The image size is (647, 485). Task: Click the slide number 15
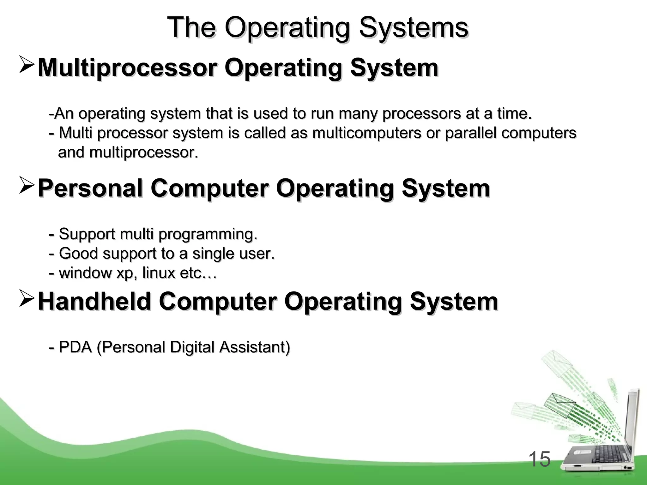point(539,459)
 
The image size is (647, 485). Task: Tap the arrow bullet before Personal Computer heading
point(27,185)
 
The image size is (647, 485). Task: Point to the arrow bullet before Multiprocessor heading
point(27,65)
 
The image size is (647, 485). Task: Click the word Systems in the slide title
point(414,28)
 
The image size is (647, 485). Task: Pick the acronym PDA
point(75,347)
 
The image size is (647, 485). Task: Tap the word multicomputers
point(367,133)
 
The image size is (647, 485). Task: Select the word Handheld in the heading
point(94,301)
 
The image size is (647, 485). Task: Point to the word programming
point(208,234)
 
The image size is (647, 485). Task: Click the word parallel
point(470,133)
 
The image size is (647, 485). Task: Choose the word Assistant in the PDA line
point(255,347)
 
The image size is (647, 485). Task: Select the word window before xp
point(85,272)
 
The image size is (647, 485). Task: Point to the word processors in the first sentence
point(421,114)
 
